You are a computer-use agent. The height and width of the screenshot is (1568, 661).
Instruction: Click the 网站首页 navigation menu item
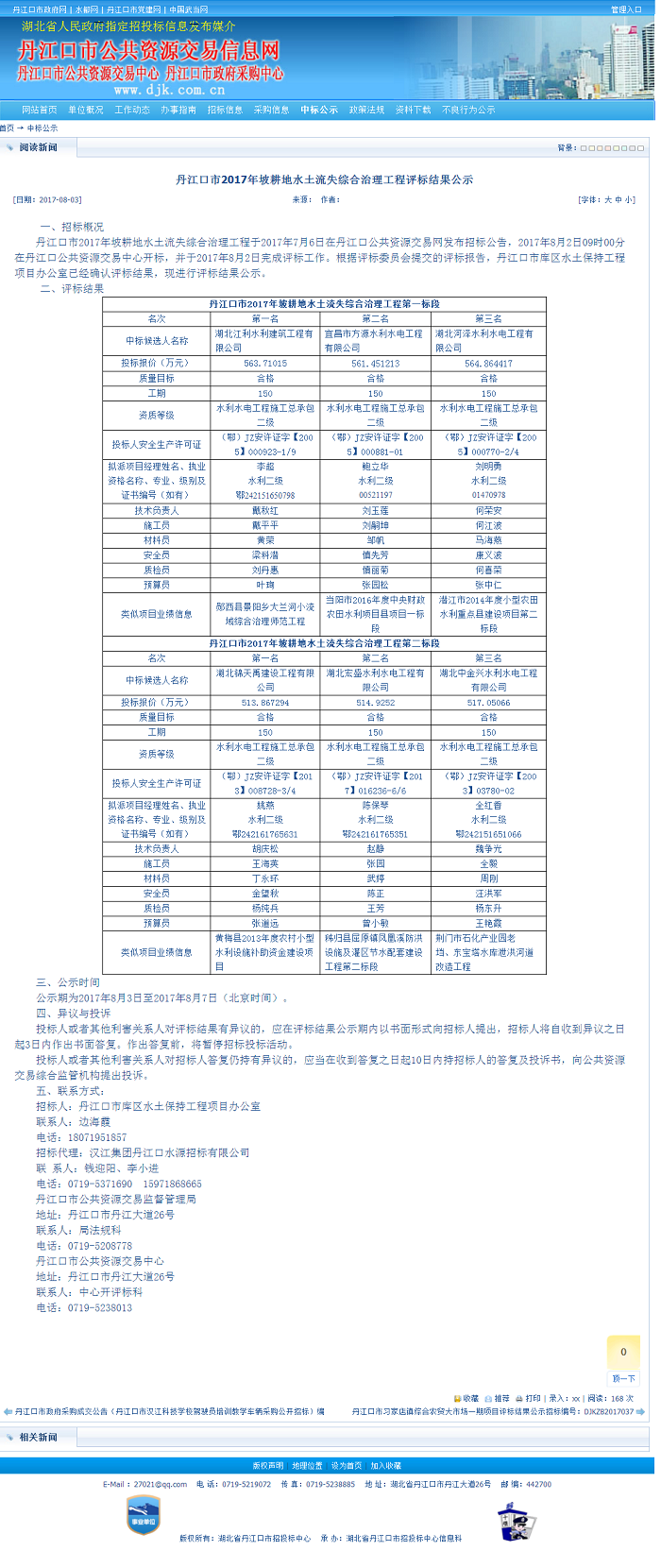(40, 110)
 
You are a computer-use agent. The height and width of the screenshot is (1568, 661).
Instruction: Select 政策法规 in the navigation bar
(366, 110)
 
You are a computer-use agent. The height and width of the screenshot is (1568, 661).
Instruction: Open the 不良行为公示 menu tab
(468, 110)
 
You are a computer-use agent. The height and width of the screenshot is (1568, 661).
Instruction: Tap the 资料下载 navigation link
(413, 110)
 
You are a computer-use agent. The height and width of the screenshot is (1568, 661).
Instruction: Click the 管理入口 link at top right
(626, 9)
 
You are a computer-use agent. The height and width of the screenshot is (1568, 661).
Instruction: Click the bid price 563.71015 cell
(265, 363)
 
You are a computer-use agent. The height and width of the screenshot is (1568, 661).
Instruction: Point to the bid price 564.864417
(488, 363)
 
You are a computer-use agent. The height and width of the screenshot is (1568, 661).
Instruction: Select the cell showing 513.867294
(265, 702)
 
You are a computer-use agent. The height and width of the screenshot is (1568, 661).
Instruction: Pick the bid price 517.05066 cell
(488, 702)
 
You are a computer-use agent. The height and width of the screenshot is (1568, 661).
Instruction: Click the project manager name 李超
(265, 467)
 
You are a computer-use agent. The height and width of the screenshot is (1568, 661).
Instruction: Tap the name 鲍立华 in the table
(375, 467)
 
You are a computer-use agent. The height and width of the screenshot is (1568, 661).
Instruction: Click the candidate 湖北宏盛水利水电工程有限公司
(375, 680)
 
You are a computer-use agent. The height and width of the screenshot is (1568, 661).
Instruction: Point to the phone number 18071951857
(96, 1137)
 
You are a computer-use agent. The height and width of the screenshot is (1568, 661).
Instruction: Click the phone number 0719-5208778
(100, 1246)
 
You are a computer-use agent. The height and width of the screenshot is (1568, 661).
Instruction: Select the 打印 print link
(533, 1398)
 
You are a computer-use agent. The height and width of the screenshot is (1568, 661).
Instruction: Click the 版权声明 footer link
(267, 1465)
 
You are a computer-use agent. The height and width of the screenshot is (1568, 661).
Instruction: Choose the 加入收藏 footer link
(385, 1465)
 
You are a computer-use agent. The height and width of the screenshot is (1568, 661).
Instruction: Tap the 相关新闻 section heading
(38, 1437)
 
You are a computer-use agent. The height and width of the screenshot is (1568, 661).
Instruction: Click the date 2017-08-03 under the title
(60, 199)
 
